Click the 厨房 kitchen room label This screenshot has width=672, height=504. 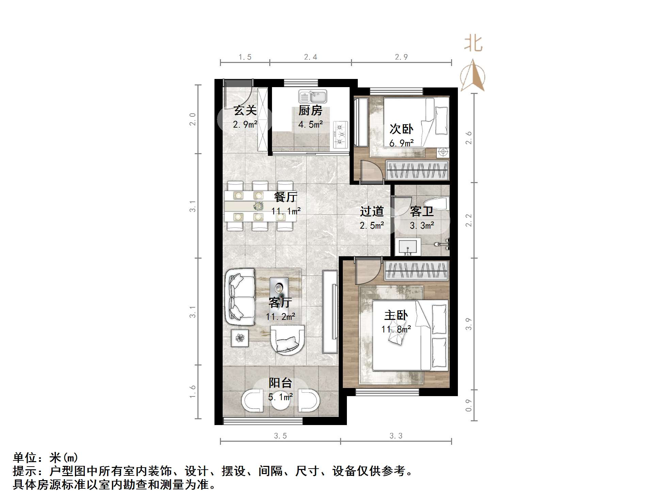click(310, 111)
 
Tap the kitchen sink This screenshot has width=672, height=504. click(313, 96)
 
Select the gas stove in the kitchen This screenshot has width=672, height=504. click(340, 135)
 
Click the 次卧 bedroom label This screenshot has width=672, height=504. click(401, 129)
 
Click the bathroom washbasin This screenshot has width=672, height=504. click(408, 246)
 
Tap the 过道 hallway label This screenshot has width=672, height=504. click(372, 211)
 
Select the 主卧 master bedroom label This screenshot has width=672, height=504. click(396, 315)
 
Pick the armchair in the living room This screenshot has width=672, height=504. click(287, 340)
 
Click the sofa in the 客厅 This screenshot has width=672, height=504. click(240, 297)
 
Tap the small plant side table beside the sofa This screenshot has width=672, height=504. click(240, 338)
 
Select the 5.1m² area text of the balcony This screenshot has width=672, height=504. click(280, 397)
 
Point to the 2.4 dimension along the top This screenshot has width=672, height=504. click(310, 57)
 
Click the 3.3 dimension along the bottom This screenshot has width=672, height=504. click(396, 436)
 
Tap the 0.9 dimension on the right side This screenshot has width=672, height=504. click(469, 405)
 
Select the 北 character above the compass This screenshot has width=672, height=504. click(474, 44)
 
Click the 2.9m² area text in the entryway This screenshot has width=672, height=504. click(245, 125)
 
